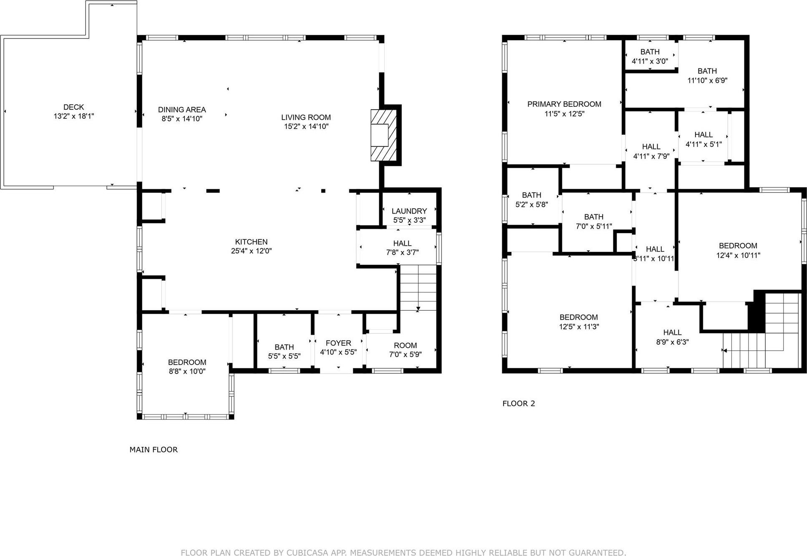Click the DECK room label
click(73, 107)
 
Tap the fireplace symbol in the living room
click(383, 135)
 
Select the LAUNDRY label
click(409, 211)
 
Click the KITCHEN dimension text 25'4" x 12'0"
click(251, 251)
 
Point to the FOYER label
click(338, 343)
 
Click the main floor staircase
click(418, 287)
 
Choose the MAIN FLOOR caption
click(153, 450)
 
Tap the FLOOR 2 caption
click(518, 403)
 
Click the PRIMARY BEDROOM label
click(564, 104)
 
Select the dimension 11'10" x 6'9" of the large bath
click(707, 81)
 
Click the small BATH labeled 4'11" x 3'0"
click(650, 52)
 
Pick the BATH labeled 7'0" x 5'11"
click(593, 217)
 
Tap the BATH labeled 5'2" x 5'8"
click(531, 195)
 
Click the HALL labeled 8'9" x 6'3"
click(672, 332)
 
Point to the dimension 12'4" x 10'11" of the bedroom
click(738, 255)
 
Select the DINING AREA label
click(182, 110)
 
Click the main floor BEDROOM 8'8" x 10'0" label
click(187, 362)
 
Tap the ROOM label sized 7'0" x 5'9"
click(405, 345)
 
